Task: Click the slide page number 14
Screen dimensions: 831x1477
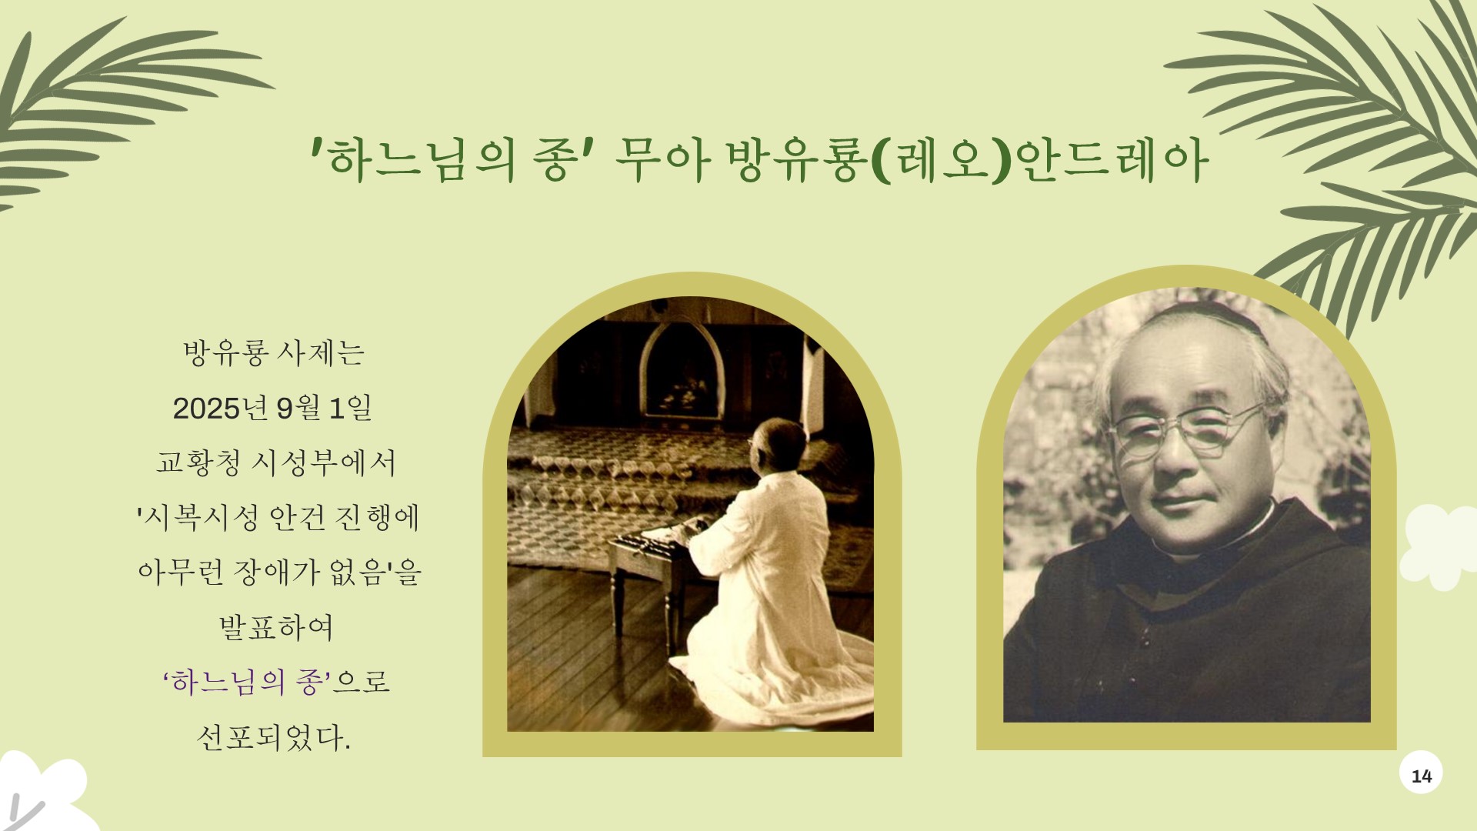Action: coord(1421,776)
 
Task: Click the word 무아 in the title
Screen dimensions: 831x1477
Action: coord(662,161)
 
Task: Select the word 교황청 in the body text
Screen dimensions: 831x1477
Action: coord(198,462)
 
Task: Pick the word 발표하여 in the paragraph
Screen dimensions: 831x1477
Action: coord(276,627)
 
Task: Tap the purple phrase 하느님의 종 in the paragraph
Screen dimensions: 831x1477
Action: coord(246,682)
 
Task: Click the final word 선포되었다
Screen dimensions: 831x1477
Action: coord(274,737)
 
